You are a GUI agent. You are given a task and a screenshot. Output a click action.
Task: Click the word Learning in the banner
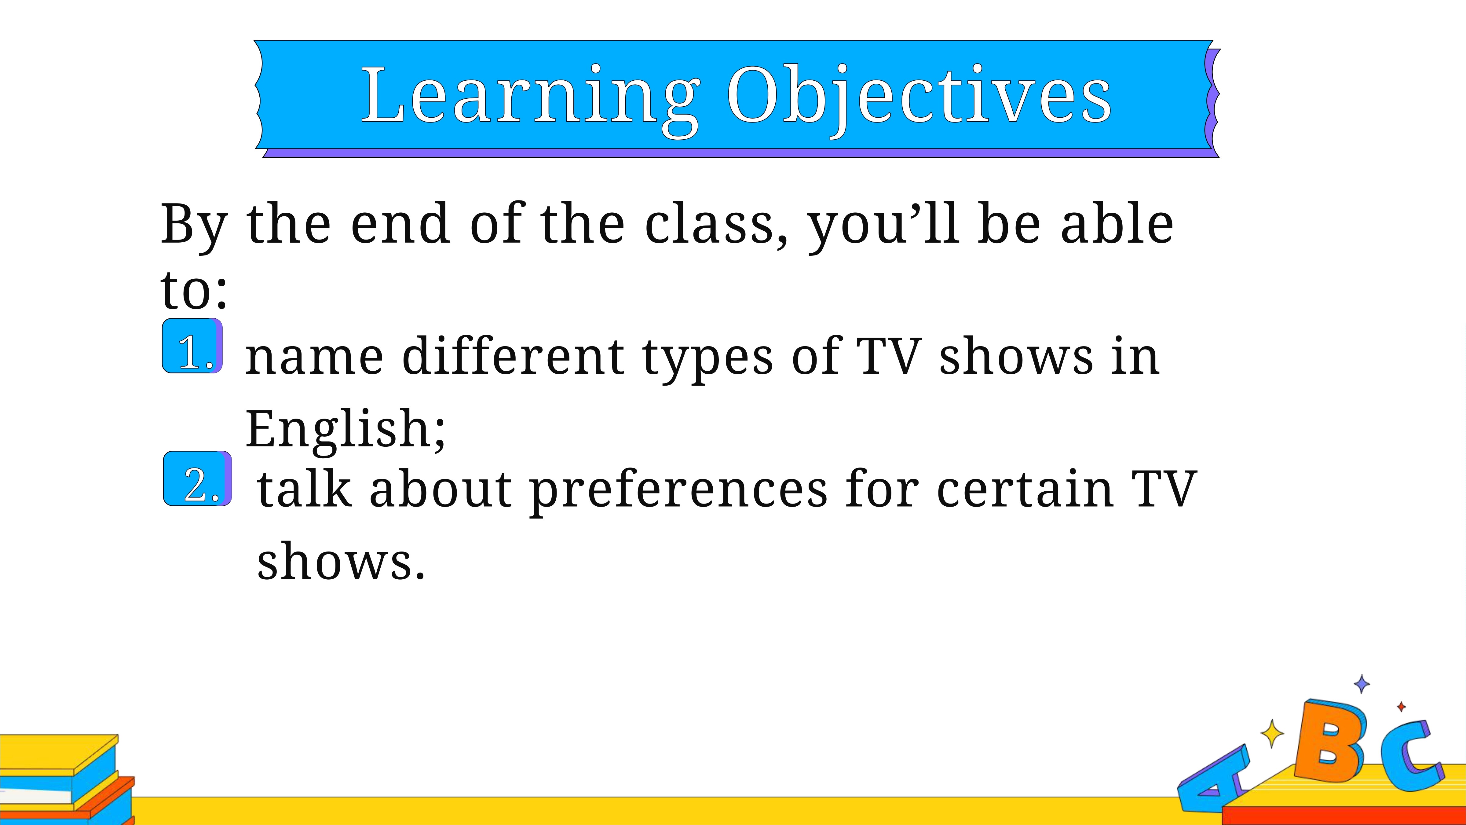point(530,100)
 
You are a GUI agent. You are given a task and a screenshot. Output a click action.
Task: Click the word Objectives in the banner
point(919,100)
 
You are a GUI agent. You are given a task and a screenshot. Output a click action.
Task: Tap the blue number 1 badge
point(192,346)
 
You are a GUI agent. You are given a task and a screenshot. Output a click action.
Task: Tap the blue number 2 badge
point(197,478)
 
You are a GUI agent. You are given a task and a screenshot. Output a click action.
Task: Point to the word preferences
point(678,491)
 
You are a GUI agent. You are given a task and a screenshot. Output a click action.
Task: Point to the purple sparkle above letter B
point(1362,684)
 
